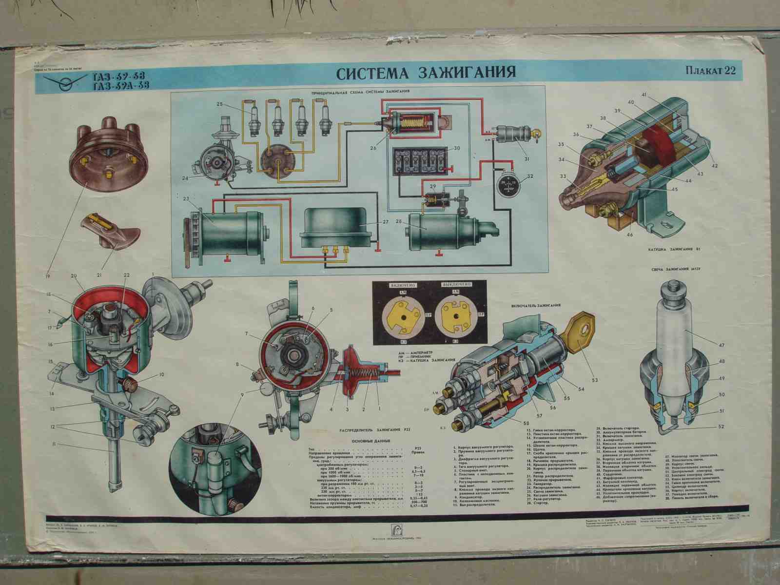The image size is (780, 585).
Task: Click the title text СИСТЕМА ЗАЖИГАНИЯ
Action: tap(426, 72)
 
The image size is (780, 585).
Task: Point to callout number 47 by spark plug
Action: tap(721, 345)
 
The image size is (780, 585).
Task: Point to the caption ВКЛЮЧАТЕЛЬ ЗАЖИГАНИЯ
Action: tap(536, 305)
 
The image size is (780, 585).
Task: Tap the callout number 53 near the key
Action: tap(594, 380)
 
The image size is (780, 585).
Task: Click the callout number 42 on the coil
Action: tap(715, 166)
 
